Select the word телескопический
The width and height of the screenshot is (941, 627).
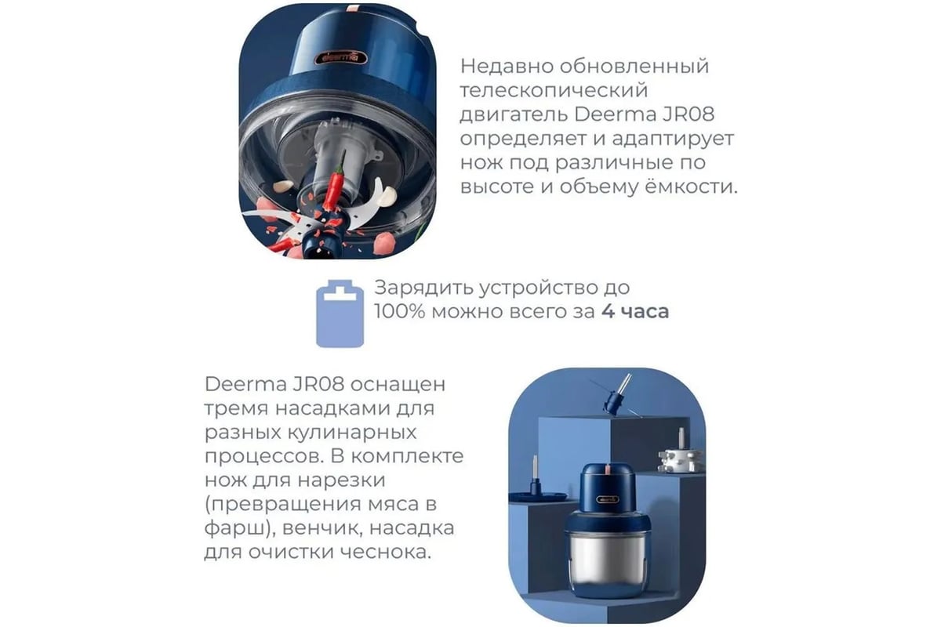(554, 91)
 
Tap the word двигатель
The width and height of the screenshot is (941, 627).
(514, 115)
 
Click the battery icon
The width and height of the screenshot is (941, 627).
(340, 313)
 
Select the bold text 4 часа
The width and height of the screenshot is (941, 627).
(635, 312)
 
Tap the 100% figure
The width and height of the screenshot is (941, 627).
(399, 312)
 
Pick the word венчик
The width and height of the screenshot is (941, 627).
(322, 528)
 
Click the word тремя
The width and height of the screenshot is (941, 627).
(236, 408)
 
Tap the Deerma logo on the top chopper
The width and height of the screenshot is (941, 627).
(340, 58)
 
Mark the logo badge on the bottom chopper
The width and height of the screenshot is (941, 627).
(608, 499)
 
